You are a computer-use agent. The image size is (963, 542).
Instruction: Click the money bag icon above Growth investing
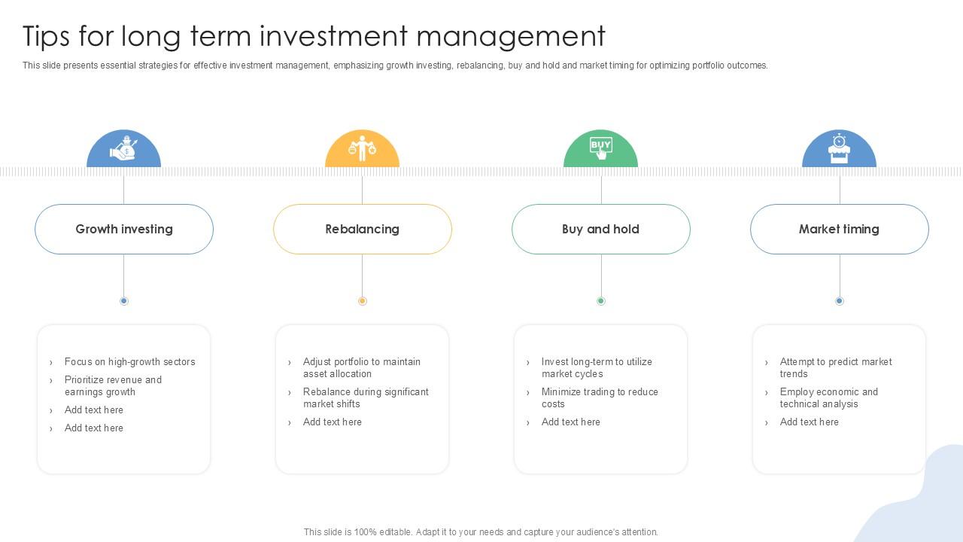click(123, 148)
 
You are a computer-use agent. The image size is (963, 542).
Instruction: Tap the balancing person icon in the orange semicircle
click(362, 148)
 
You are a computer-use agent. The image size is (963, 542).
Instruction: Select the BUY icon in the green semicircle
click(600, 148)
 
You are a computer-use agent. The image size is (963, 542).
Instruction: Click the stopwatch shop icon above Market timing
click(839, 149)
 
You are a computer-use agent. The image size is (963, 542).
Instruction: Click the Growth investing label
click(124, 229)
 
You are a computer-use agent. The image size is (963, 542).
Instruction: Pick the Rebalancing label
click(362, 229)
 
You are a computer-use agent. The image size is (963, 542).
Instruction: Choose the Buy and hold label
click(600, 229)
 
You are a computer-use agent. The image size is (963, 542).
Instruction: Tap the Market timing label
click(839, 229)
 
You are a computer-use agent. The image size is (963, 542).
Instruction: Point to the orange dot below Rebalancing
click(363, 301)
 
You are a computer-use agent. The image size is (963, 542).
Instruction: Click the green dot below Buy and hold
click(601, 301)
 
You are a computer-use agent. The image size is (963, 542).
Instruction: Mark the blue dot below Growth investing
click(124, 301)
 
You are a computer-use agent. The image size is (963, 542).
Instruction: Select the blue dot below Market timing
click(840, 301)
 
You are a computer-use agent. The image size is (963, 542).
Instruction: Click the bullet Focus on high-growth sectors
click(130, 362)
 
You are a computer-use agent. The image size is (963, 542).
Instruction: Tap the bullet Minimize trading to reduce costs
click(600, 398)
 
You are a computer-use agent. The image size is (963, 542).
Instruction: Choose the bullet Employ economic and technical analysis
click(829, 398)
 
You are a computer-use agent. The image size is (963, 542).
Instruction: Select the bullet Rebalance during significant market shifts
click(366, 398)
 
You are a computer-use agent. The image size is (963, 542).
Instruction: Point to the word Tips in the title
click(46, 37)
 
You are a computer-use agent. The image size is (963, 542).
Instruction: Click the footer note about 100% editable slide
click(481, 532)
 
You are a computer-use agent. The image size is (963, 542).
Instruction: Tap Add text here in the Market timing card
click(809, 422)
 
